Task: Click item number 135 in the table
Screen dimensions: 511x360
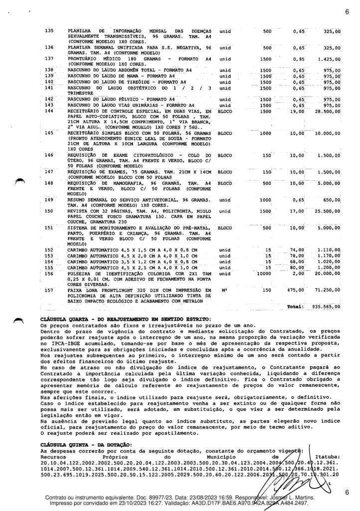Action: [x=49, y=31]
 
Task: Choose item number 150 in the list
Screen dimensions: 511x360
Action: [x=49, y=211]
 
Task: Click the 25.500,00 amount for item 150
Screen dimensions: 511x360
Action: [x=326, y=211]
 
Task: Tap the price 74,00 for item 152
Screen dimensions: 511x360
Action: [x=298, y=249]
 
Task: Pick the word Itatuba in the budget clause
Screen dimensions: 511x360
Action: [x=328, y=456]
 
